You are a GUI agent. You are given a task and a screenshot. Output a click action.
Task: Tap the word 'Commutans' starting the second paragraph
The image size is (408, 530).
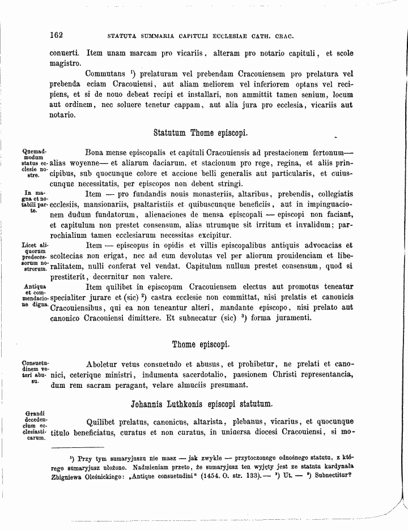coord(105,74)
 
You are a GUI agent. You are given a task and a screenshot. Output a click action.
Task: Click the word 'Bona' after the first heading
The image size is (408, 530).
coord(95,153)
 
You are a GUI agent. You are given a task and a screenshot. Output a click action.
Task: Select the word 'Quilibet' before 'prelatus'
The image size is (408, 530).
coord(102,422)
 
